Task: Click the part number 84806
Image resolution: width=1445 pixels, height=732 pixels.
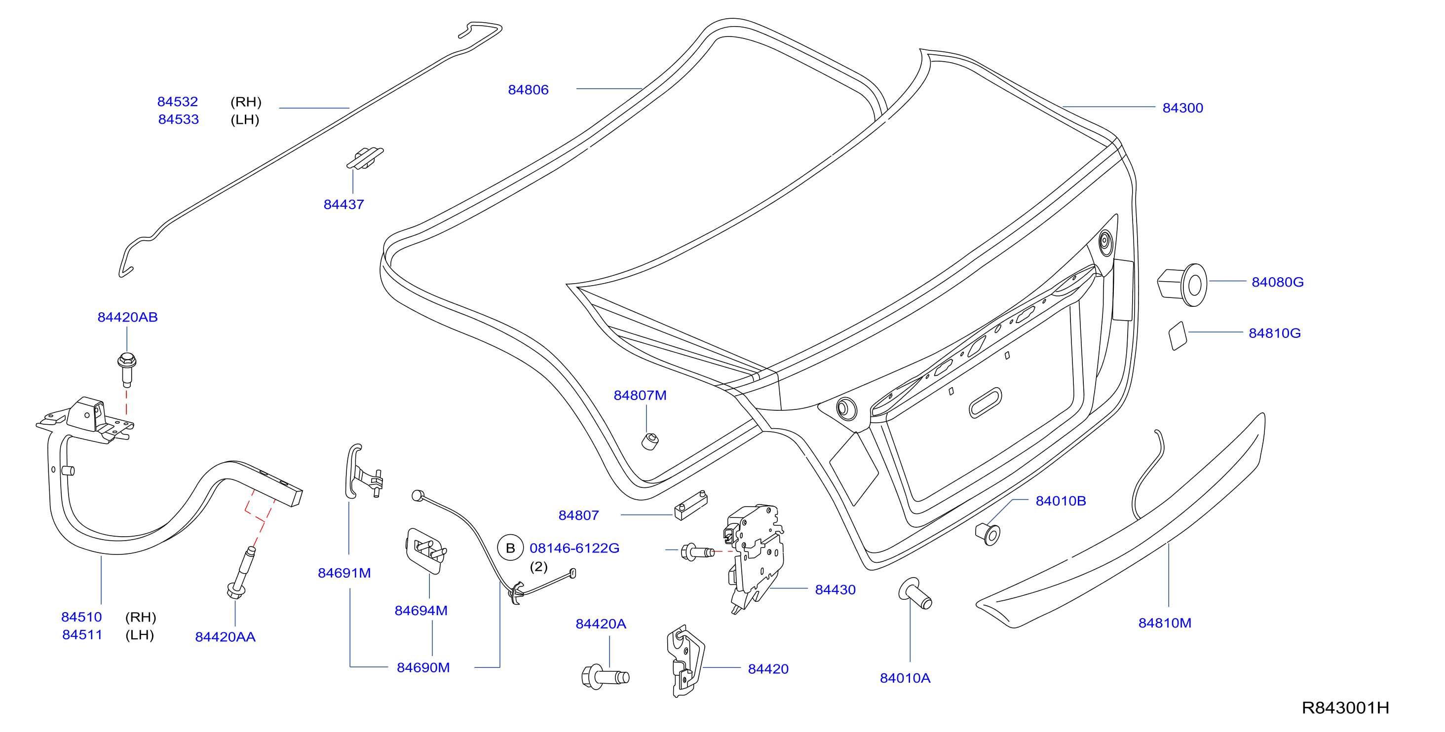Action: click(528, 90)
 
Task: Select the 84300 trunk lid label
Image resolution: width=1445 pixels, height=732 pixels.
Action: click(1182, 108)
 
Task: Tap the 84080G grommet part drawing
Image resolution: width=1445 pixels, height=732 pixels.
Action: click(1182, 285)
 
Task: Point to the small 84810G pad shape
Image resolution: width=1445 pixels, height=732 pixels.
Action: click(1178, 335)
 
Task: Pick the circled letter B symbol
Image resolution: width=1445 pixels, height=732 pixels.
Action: click(510, 548)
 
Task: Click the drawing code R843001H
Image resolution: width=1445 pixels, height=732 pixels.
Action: click(1345, 708)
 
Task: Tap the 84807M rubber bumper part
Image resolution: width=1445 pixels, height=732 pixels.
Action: click(650, 441)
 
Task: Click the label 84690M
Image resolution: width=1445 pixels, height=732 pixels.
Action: click(423, 667)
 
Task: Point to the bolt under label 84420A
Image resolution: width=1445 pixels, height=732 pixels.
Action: click(605, 677)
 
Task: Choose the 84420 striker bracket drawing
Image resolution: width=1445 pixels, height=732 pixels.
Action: click(685, 661)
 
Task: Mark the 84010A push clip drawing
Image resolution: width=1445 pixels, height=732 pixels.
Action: click(915, 593)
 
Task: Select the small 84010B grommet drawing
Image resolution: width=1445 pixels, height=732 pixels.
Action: click(988, 534)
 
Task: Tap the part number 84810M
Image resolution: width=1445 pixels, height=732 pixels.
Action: click(1165, 622)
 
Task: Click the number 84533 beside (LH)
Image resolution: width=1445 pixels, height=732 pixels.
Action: click(178, 119)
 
